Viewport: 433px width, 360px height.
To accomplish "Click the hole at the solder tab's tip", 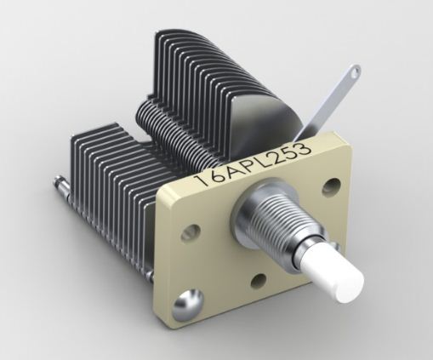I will (x=350, y=74).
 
